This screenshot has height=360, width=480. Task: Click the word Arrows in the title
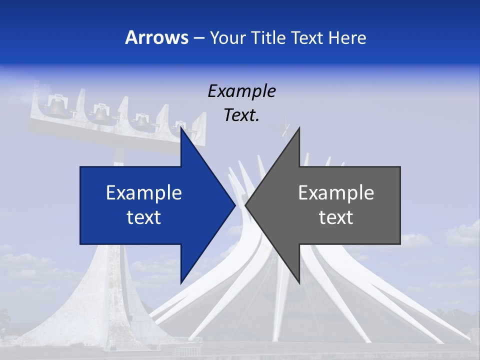point(156,37)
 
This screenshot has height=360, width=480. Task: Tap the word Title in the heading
point(269,38)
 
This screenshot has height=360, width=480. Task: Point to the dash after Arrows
point(198,38)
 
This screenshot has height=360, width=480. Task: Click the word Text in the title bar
point(308,38)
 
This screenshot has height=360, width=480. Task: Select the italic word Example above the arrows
point(241,91)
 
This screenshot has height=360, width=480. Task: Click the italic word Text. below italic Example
point(241,115)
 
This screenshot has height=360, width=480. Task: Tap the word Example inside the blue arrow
point(144,193)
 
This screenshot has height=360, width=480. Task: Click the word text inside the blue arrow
point(144,217)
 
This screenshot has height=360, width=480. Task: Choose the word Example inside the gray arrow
point(336,193)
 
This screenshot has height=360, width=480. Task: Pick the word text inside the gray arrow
point(336,217)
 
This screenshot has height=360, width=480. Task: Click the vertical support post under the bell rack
point(118,155)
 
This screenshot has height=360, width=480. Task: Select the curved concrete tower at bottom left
point(100,300)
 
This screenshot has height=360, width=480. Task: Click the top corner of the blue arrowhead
point(181,128)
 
